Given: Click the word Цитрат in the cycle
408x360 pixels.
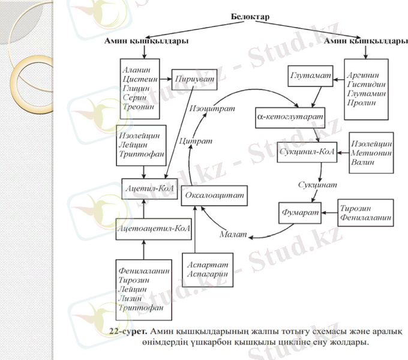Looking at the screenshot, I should point(196,140).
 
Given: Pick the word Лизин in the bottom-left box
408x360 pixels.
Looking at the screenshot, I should point(133,299).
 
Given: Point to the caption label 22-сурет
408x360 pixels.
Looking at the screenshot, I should point(126,331).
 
